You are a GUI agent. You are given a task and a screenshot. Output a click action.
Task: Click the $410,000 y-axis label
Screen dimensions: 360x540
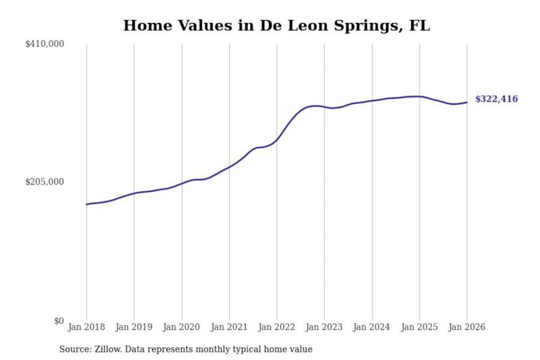click(x=45, y=44)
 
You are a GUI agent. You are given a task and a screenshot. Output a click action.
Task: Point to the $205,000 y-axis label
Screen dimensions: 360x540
click(x=45, y=182)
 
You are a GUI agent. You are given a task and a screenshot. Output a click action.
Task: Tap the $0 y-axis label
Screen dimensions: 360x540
click(x=59, y=321)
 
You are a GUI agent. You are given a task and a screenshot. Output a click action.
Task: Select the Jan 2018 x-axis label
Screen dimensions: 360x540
click(x=86, y=327)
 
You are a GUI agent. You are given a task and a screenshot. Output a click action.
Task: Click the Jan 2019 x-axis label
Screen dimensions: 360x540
click(x=134, y=327)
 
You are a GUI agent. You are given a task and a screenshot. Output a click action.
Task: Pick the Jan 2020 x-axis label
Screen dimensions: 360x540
click(x=181, y=327)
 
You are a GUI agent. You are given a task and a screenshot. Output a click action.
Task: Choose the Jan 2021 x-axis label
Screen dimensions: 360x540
click(x=229, y=327)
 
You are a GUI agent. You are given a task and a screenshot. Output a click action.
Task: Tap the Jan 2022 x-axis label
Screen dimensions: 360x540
click(x=277, y=327)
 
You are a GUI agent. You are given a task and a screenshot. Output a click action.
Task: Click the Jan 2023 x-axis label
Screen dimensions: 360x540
click(x=324, y=327)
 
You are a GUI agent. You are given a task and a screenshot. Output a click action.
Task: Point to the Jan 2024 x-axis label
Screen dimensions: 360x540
click(x=372, y=327)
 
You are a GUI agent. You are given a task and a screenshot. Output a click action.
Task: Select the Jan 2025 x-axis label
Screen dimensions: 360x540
click(x=419, y=327)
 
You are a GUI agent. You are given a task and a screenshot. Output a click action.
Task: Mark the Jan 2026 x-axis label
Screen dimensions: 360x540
click(x=467, y=327)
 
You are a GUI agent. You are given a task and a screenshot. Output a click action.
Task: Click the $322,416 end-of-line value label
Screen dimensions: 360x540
click(x=496, y=99)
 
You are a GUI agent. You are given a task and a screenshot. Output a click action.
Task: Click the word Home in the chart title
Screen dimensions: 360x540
click(x=148, y=25)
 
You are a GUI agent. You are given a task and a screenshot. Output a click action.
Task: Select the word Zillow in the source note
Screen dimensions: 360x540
click(x=108, y=349)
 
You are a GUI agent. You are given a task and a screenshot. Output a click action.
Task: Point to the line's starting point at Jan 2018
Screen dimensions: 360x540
click(x=87, y=204)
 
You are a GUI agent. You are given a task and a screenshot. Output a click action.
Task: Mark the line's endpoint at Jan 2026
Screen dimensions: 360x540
click(x=467, y=102)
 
